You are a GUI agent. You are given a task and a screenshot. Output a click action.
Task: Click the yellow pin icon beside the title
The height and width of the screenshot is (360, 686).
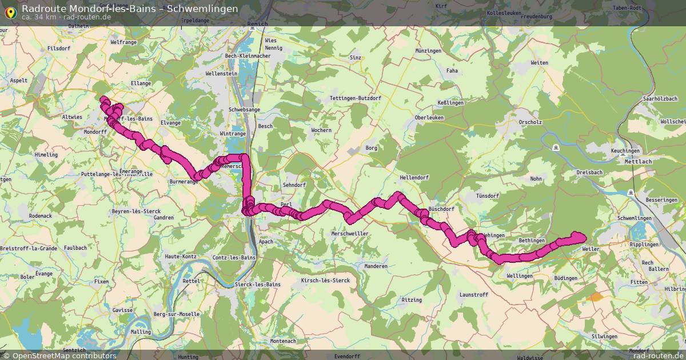coord(10,11)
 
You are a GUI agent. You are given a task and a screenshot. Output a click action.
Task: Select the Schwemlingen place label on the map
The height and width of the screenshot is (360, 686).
coord(635,219)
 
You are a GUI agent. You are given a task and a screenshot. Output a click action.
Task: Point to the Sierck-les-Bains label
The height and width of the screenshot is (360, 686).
coord(257,285)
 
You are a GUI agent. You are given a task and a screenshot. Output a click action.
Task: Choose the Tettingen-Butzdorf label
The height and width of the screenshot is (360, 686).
coord(356,98)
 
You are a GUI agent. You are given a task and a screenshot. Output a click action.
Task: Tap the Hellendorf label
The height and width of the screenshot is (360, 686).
coord(414,178)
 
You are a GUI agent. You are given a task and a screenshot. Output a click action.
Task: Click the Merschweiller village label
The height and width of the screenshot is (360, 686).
coord(350,234)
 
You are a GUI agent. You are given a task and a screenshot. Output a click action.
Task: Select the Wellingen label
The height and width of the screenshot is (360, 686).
coord(520,276)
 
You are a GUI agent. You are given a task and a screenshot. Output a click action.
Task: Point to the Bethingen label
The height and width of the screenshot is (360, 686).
coord(532,241)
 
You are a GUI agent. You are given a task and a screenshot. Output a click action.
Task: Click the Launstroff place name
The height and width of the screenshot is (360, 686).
coord(474,294)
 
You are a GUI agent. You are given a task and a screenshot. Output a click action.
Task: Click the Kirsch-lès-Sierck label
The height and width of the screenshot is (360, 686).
coord(325,281)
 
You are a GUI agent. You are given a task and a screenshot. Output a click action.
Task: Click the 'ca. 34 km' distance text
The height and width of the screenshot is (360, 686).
coord(39,17)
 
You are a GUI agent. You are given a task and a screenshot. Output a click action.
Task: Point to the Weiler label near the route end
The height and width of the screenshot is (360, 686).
coord(591,249)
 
